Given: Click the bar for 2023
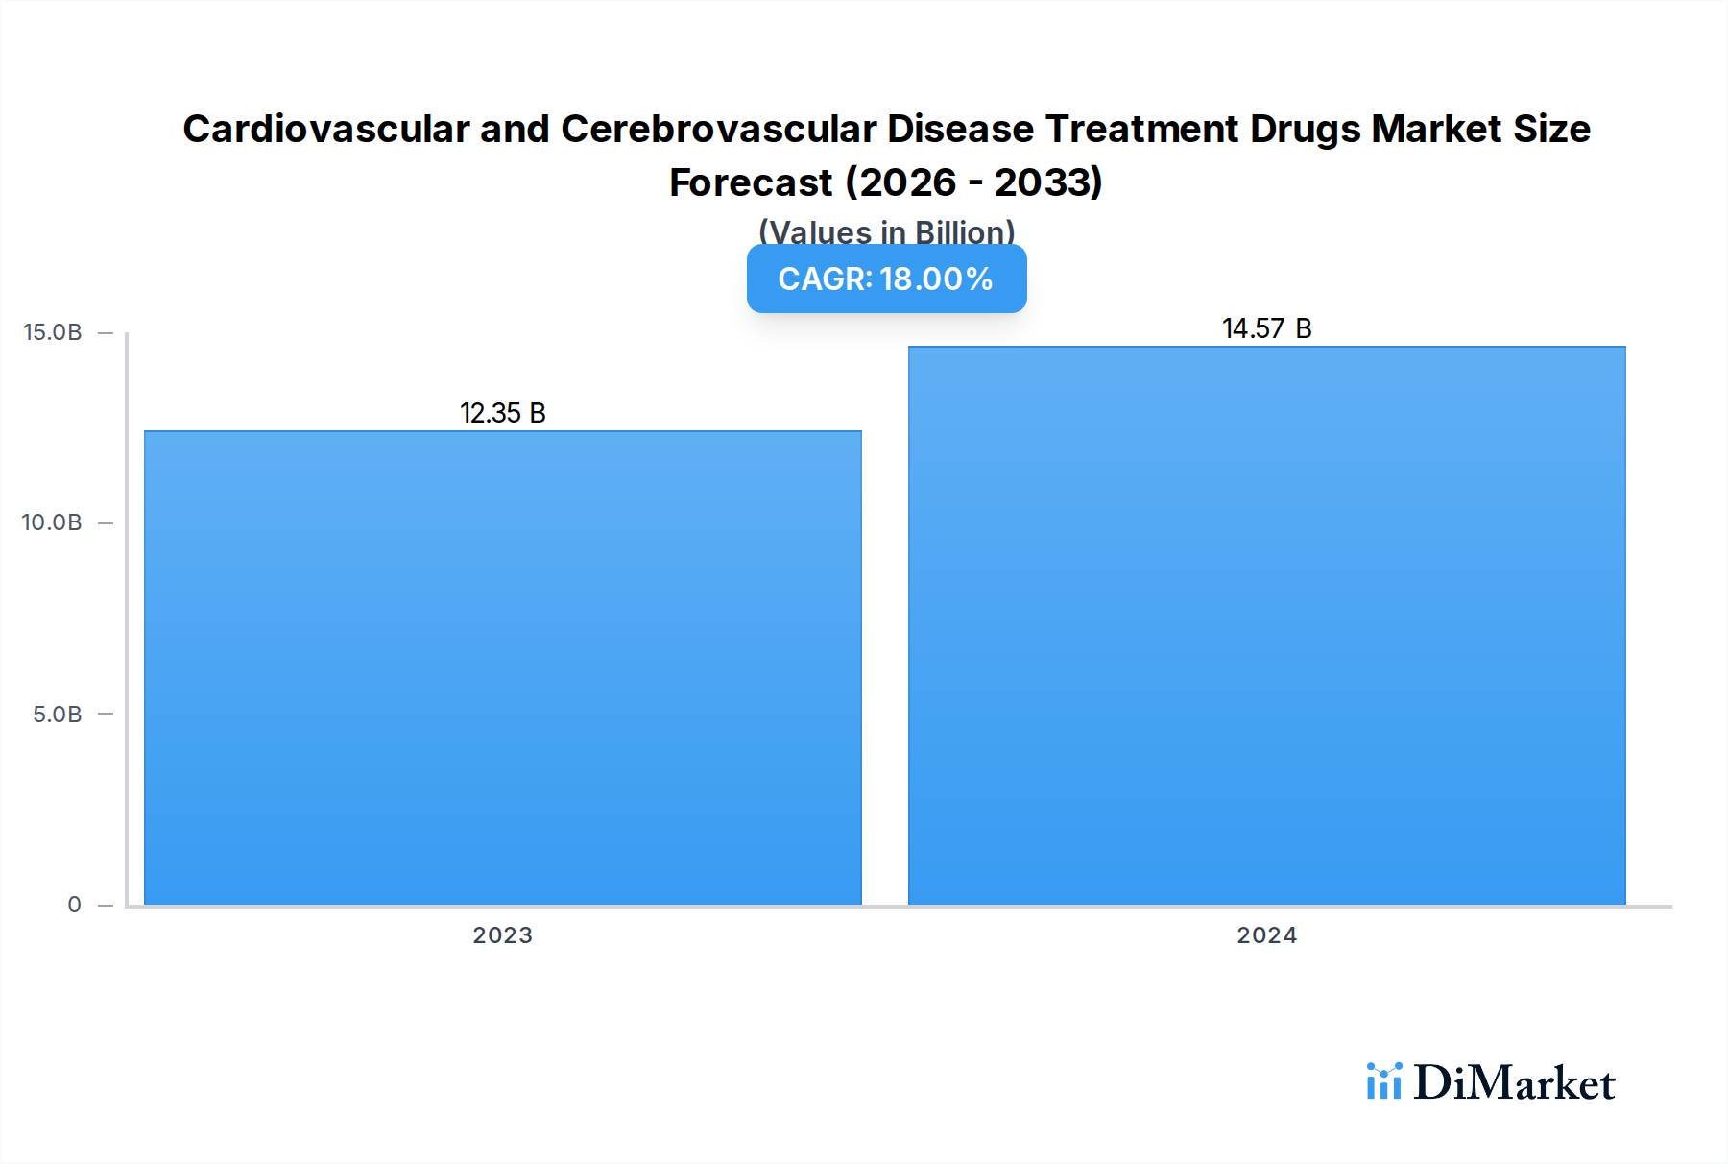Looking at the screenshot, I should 502,667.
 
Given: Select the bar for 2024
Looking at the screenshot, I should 1266,625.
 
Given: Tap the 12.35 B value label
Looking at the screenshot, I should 502,413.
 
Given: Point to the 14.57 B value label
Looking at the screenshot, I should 1266,328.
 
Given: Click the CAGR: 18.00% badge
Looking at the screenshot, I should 886,279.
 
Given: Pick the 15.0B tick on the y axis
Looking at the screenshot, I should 53,332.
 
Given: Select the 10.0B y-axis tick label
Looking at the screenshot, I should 52,522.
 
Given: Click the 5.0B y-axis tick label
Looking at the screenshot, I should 58,714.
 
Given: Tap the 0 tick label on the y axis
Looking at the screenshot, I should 74,905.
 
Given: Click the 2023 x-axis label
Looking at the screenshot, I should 502,935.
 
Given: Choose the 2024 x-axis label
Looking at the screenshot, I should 1266,935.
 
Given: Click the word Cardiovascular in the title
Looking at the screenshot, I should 326,129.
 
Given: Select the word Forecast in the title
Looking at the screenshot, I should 751,182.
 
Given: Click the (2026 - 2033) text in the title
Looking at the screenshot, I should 973,182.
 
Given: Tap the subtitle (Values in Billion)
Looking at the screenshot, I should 886,231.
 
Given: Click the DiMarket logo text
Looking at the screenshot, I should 1514,1082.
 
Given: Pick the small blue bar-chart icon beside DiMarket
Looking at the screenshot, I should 1383,1081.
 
